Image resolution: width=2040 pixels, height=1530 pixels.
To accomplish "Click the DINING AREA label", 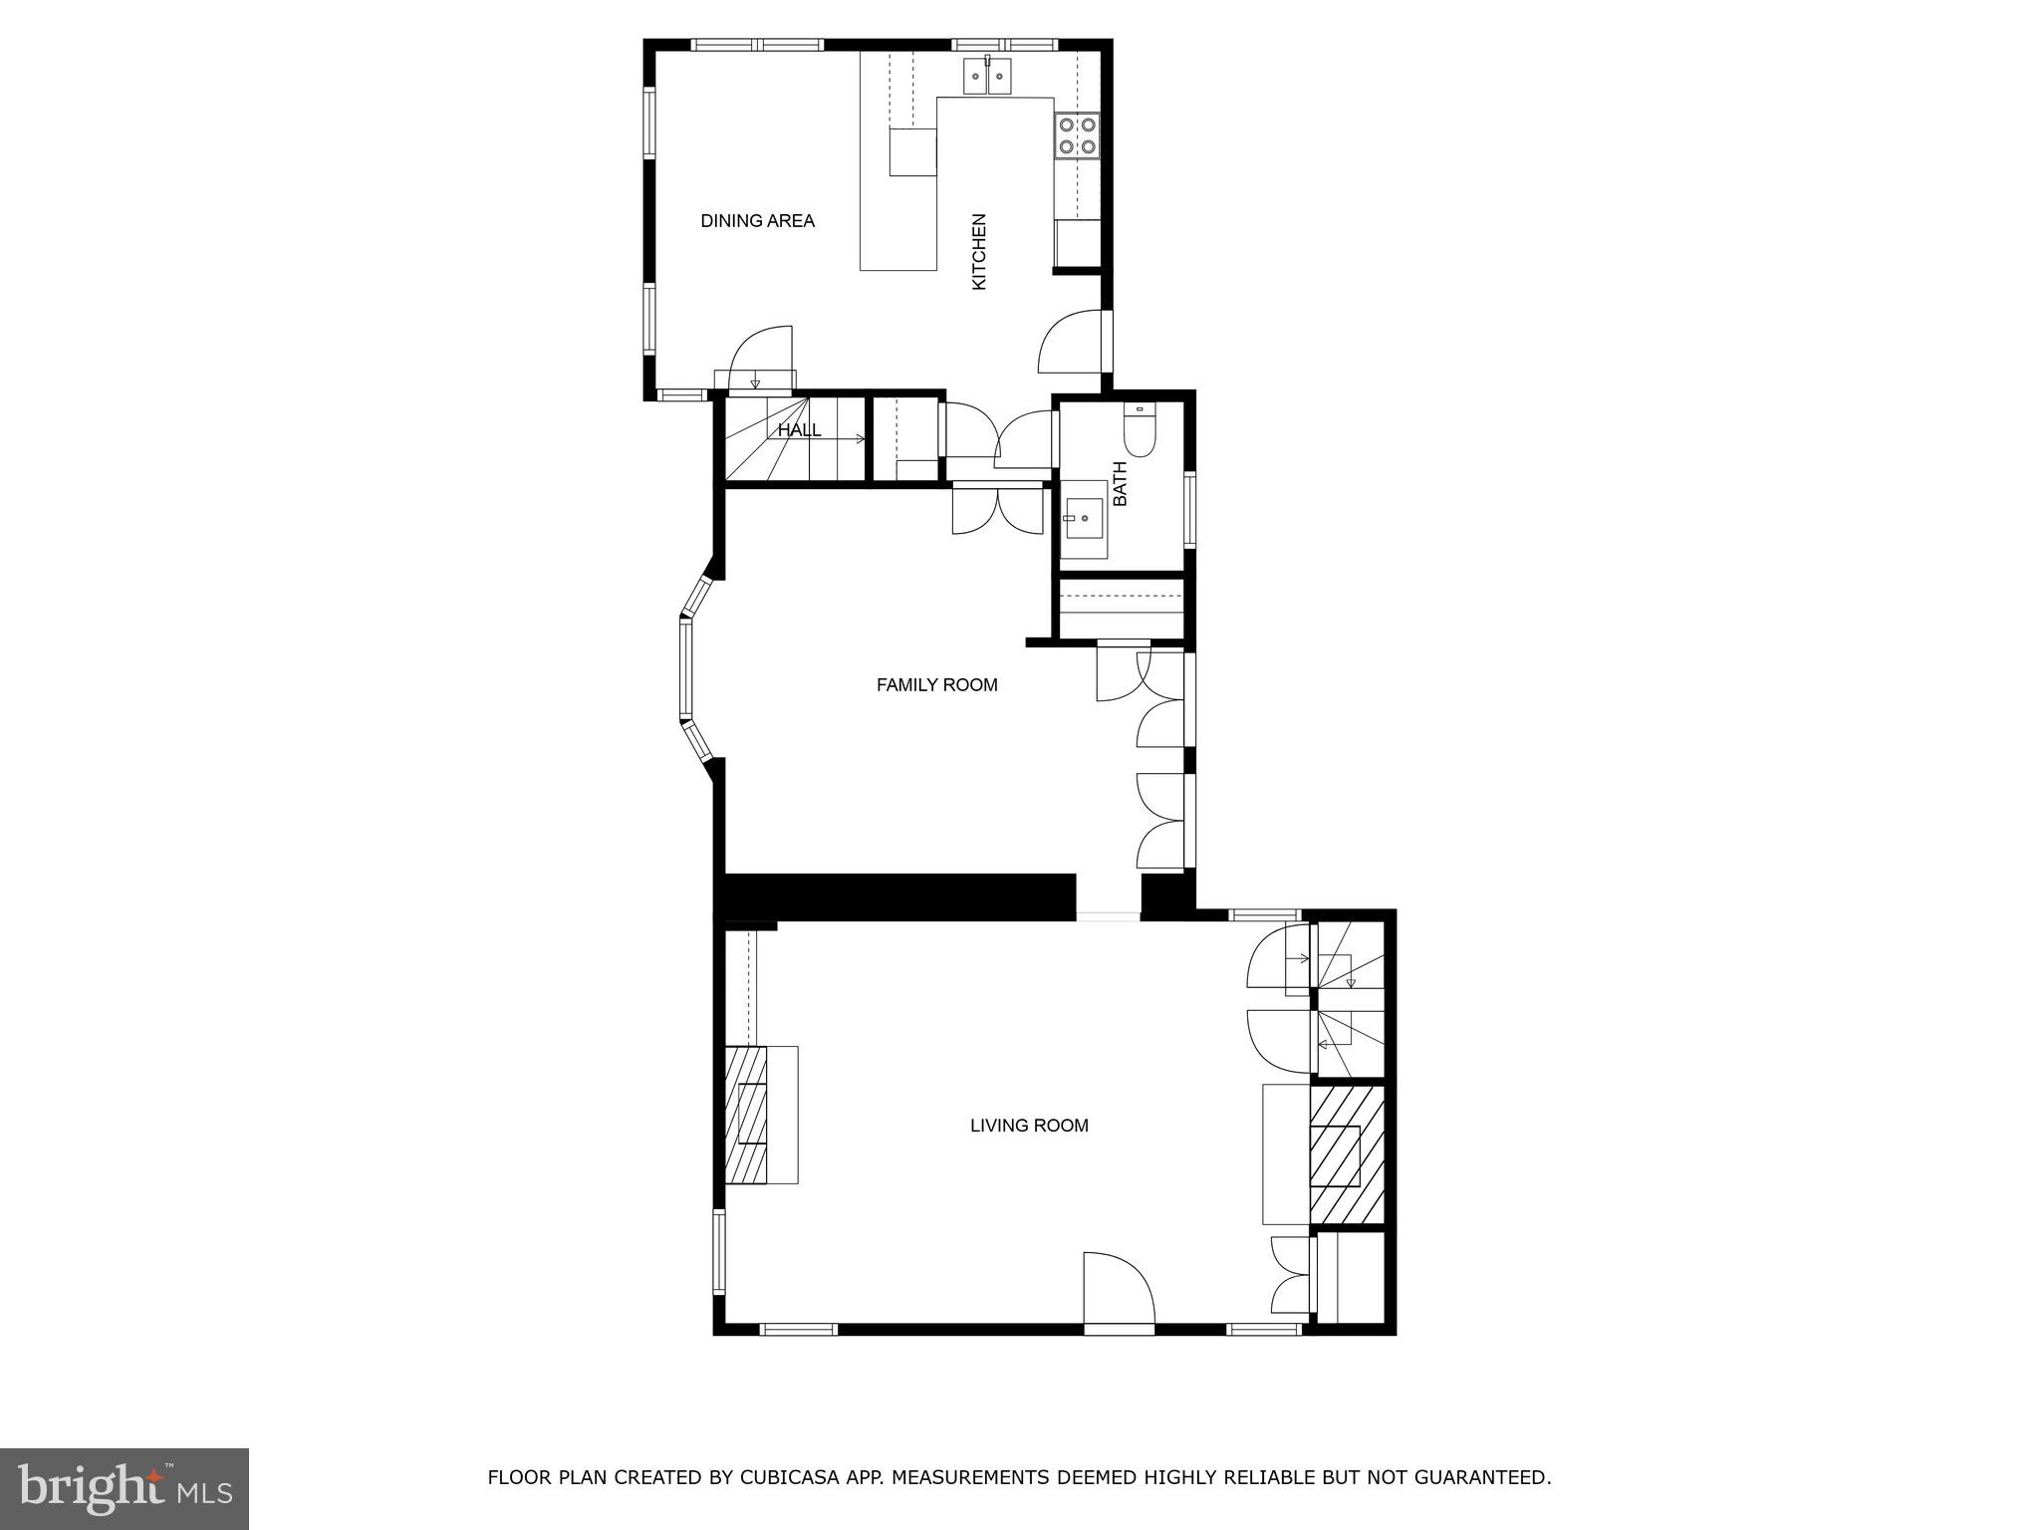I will click(x=757, y=221).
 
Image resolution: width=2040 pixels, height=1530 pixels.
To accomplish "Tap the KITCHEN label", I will click(x=979, y=252).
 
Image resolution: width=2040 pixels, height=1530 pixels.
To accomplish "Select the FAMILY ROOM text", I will click(x=936, y=685).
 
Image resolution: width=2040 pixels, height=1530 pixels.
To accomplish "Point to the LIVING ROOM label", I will click(x=1029, y=1126).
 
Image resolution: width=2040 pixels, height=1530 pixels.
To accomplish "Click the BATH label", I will click(x=1121, y=483).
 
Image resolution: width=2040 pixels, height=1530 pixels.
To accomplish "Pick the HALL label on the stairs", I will click(x=799, y=430).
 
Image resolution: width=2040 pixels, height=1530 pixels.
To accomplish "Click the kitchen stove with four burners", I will click(x=1076, y=136).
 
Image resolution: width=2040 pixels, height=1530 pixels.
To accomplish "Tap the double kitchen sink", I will click(x=987, y=76).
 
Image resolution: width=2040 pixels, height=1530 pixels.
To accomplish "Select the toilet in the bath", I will click(x=1139, y=430).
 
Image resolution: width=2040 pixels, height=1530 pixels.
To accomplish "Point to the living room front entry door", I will click(x=1118, y=1290).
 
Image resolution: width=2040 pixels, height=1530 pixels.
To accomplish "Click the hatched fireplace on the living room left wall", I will click(x=746, y=1115).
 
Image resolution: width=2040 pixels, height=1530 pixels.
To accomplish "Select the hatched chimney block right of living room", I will click(x=1346, y=1153).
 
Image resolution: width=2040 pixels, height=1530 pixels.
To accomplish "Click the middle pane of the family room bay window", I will click(x=685, y=668).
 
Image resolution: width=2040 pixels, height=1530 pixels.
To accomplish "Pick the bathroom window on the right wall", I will click(x=1189, y=509).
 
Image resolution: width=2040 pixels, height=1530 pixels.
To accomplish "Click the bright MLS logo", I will click(x=124, y=1488).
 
